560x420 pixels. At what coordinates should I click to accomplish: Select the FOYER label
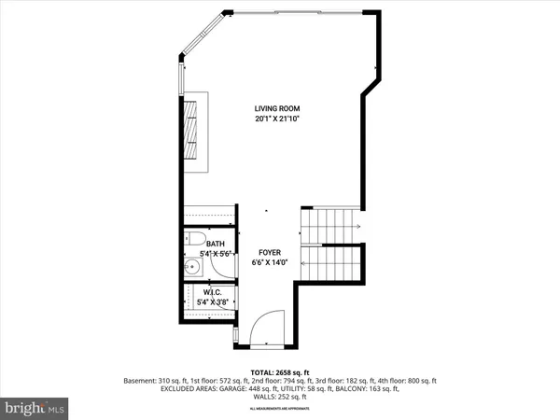(270, 252)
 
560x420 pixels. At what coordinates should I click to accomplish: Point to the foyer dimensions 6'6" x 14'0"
(270, 263)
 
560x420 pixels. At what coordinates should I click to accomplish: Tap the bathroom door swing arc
(220, 269)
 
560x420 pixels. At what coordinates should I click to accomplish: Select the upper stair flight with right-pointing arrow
(331, 224)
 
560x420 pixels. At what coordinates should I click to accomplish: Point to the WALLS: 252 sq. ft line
(279, 399)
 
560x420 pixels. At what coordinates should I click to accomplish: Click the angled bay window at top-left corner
(200, 42)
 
